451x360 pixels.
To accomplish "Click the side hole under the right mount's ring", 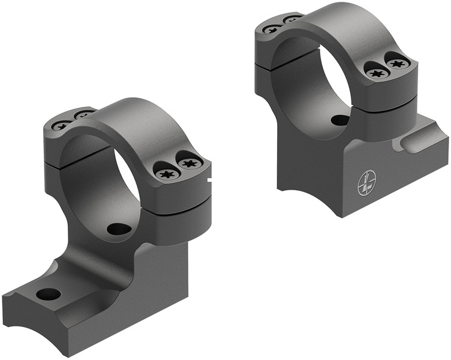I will [x=340, y=120].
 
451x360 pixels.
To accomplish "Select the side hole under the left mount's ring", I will [x=119, y=229].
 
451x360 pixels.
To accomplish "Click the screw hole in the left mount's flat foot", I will [x=49, y=294].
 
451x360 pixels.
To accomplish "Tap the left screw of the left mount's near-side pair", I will [x=166, y=173].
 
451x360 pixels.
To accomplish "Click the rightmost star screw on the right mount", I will [x=396, y=62].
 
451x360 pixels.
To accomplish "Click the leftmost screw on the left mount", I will [x=61, y=126].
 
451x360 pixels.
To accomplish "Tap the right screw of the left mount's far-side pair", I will [x=83, y=114].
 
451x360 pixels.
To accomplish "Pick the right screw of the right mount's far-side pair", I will [x=291, y=19].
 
